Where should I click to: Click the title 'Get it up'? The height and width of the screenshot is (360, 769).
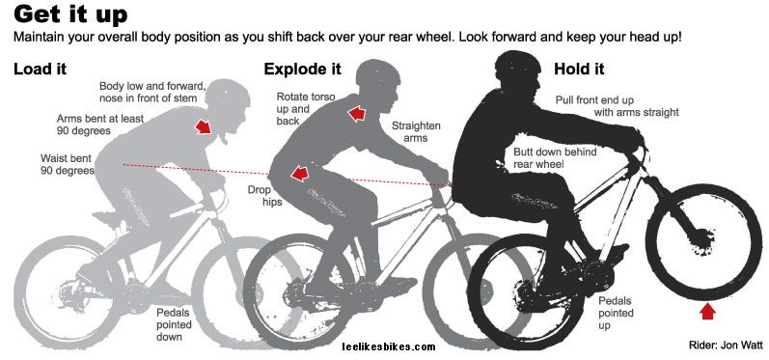(70, 14)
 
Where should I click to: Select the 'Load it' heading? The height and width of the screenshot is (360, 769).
(41, 69)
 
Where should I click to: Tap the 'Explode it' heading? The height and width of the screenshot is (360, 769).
(302, 69)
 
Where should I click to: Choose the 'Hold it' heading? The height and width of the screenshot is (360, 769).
(579, 69)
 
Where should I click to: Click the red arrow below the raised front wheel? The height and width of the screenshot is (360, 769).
(706, 312)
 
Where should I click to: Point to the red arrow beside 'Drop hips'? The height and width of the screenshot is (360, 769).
(300, 173)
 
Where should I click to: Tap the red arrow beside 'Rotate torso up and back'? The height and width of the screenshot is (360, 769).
(357, 114)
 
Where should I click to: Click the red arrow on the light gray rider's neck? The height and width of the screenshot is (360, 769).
(203, 126)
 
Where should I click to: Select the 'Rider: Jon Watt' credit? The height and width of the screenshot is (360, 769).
(726, 345)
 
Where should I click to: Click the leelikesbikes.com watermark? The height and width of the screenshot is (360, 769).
(389, 347)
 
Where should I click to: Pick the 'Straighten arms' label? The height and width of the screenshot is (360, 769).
(416, 132)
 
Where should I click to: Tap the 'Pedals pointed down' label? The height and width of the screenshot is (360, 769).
(174, 324)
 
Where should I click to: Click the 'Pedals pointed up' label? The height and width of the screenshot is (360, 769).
(616, 313)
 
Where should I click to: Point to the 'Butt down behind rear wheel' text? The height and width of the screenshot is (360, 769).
(555, 158)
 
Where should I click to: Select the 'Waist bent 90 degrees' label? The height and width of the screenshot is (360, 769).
(68, 164)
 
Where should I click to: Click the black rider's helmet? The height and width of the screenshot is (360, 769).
(517, 65)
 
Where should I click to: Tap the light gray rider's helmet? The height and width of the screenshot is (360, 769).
(228, 94)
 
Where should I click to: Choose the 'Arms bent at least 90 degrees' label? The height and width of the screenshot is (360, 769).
(100, 125)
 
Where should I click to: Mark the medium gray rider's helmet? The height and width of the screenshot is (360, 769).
(377, 73)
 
